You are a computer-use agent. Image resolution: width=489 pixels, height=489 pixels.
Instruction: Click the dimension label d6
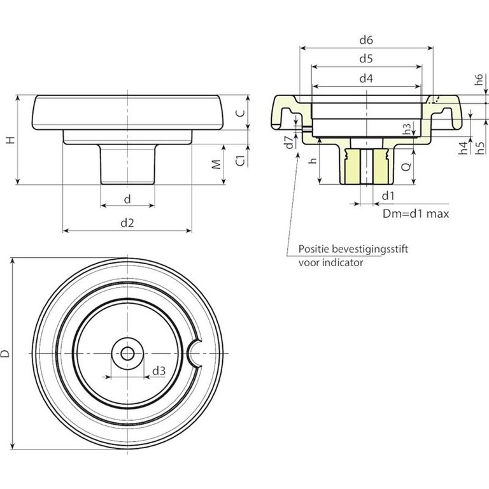click(365, 40)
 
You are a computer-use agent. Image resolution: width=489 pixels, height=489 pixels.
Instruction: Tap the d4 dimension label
click(365, 78)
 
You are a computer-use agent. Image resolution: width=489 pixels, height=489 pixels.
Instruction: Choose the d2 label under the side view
click(127, 222)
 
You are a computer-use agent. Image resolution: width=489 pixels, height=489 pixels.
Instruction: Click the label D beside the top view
click(6, 353)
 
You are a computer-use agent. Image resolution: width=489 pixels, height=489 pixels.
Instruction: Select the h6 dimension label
click(479, 81)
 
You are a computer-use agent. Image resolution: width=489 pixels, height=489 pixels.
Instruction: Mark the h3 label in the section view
click(407, 129)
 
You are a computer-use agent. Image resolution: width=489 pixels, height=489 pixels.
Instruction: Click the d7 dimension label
click(288, 141)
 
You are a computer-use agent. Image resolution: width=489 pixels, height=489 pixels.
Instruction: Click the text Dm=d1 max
click(416, 214)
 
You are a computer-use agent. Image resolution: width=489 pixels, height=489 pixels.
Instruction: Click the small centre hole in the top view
click(127, 353)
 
